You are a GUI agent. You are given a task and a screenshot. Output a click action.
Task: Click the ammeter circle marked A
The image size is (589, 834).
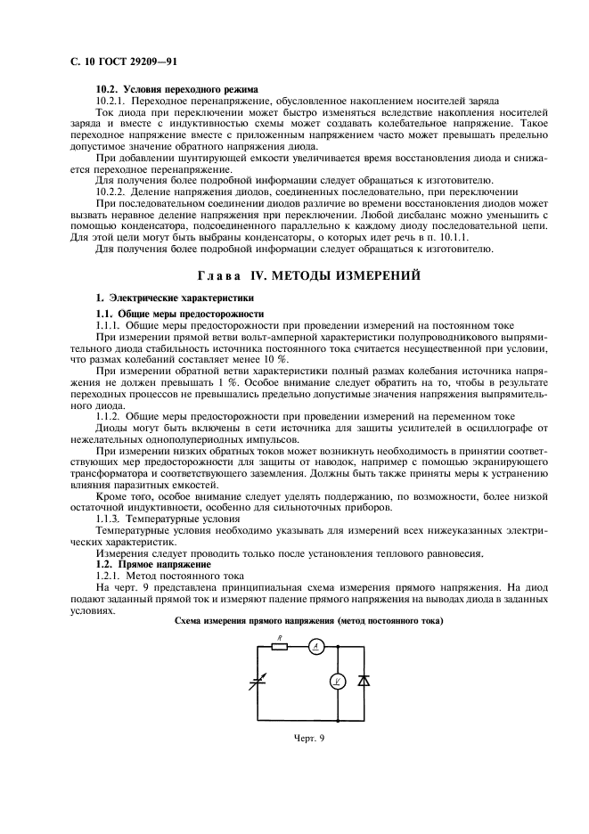coord(315,648)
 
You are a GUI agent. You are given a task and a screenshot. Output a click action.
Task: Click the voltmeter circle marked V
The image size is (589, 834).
coord(338,682)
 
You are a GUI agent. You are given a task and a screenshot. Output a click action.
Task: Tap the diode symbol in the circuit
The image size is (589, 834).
coord(363,681)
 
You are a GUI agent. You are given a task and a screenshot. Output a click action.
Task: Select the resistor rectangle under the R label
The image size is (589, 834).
coord(279,648)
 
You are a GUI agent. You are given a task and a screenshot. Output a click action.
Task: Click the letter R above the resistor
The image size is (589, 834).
coord(279,637)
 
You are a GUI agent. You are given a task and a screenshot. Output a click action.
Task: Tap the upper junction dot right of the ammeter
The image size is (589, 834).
coord(338,648)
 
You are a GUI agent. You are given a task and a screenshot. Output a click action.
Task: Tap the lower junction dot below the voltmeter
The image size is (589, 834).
coord(338,718)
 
